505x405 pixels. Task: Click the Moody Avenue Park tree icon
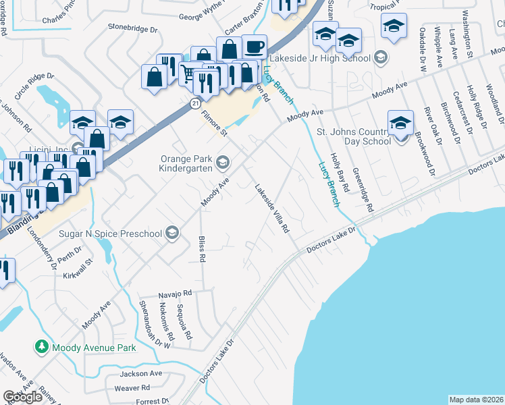click(x=42, y=348)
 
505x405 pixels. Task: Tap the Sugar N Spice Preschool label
click(x=111, y=234)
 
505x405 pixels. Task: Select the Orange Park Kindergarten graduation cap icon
click(x=221, y=161)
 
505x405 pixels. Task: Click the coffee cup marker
click(x=254, y=47)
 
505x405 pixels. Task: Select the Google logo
click(x=23, y=397)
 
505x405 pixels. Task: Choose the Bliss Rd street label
click(x=201, y=250)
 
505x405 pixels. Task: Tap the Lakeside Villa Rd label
click(x=272, y=209)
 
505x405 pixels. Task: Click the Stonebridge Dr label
click(x=132, y=30)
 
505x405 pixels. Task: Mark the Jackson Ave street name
click(x=141, y=373)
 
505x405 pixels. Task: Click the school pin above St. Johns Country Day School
click(x=400, y=123)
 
